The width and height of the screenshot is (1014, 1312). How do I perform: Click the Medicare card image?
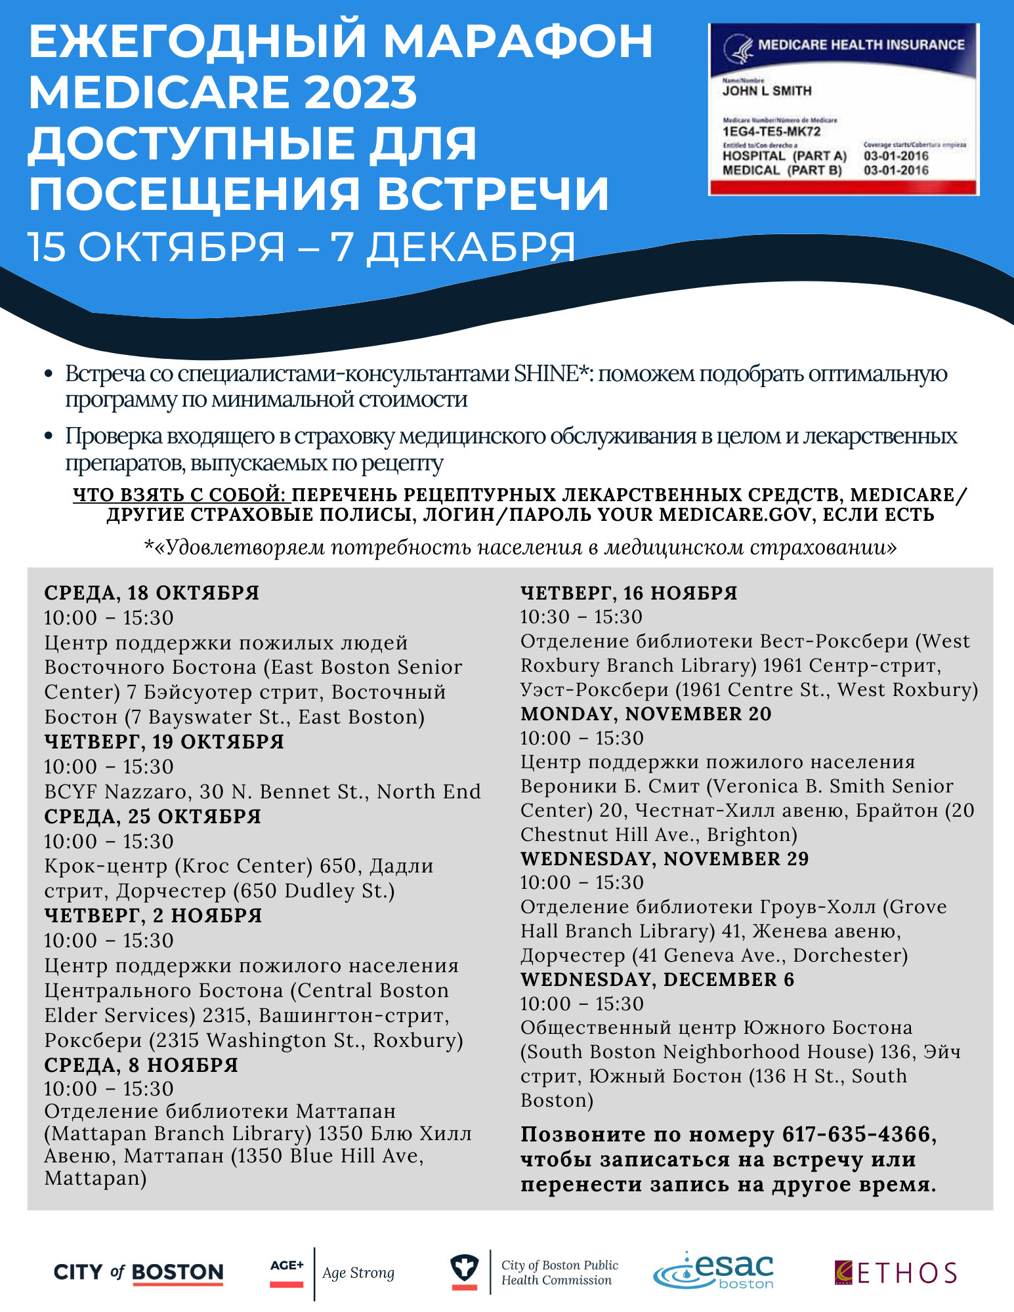coord(843,109)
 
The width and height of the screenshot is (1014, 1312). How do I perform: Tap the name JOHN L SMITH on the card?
coord(767,91)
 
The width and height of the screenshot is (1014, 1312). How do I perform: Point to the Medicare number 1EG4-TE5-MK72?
coord(771,132)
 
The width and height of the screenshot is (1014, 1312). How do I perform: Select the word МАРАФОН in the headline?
coord(518,41)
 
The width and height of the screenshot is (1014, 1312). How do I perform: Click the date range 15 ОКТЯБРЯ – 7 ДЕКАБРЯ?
coord(302,247)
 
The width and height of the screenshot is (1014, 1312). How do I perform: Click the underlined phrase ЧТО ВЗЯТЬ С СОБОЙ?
coord(182,495)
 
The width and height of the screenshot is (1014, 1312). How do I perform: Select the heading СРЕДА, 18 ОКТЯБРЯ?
coord(152,593)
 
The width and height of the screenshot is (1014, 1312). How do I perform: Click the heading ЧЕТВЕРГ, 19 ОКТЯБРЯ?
coord(164,742)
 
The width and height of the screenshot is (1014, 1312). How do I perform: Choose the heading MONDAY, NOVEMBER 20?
coord(646,714)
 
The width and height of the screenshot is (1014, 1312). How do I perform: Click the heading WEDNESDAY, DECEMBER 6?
coord(657,979)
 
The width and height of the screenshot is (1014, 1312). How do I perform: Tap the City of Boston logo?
coord(138,1273)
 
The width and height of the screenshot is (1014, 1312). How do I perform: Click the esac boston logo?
coord(714,1271)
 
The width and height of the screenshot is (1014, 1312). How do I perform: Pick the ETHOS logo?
coord(895,1273)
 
